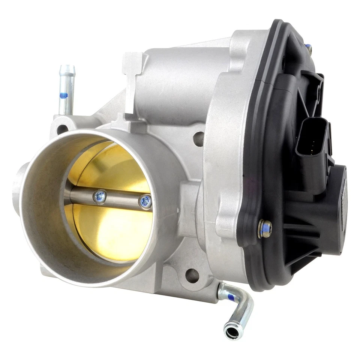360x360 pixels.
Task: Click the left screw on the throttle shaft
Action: [100, 196]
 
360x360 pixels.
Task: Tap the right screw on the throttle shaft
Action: [145, 202]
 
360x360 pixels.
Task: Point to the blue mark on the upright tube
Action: [64, 95]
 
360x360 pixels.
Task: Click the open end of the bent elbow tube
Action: [230, 331]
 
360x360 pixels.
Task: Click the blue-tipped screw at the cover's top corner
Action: [308, 48]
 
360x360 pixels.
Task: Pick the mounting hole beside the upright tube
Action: [62, 129]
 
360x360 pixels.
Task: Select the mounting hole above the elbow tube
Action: [192, 276]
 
